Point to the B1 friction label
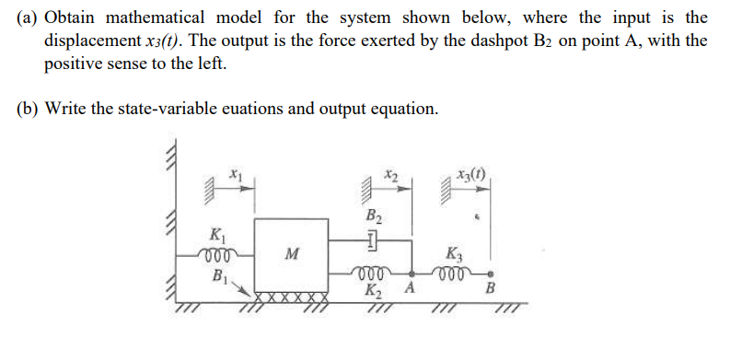point(220,273)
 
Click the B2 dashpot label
point(374,218)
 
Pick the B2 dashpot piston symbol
point(374,242)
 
